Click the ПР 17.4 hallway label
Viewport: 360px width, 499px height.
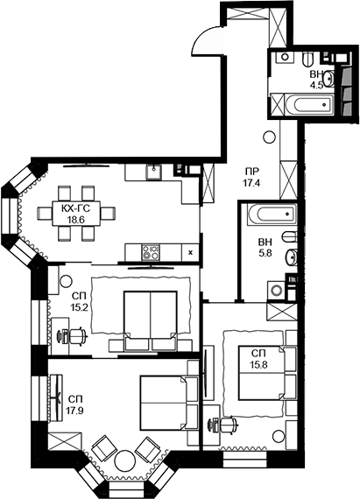(x=252, y=177)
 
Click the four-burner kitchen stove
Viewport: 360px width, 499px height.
(x=150, y=252)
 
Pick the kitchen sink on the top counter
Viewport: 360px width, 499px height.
(x=152, y=171)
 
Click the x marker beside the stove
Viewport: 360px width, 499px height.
(x=190, y=252)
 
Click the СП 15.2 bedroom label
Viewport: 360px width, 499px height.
(x=80, y=302)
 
